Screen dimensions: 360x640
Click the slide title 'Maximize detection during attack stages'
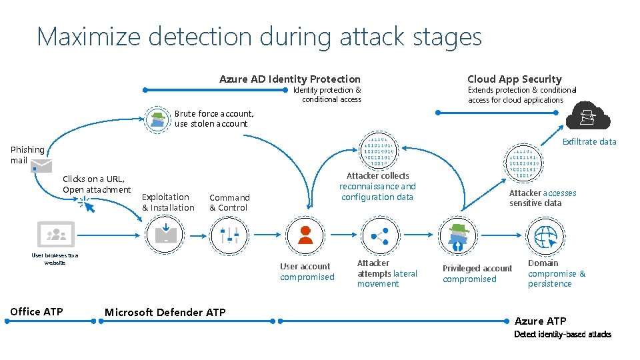[x=259, y=37]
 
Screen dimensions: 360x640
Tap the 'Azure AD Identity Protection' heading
[x=290, y=79]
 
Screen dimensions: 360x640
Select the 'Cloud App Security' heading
[x=514, y=79]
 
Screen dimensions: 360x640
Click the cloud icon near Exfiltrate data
[x=587, y=117]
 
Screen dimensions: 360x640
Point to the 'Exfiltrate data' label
[x=589, y=141]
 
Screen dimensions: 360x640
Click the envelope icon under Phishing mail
[x=40, y=166]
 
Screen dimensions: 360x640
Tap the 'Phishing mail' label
[x=27, y=155]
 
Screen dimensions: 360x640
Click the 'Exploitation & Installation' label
[x=168, y=202]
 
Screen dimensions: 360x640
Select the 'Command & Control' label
[x=229, y=203]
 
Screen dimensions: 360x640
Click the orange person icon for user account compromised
[x=305, y=235]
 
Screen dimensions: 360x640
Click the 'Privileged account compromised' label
[x=477, y=273]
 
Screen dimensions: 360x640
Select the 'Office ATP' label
[x=37, y=311]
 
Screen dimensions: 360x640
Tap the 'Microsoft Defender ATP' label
[x=165, y=312]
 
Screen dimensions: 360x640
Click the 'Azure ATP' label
[x=540, y=321]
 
